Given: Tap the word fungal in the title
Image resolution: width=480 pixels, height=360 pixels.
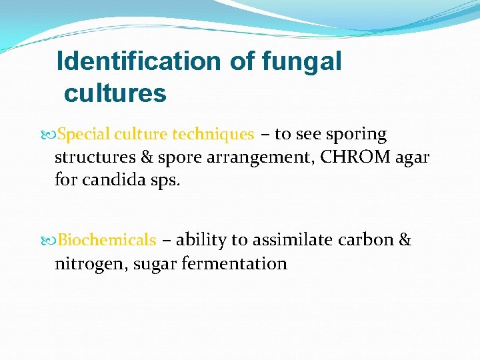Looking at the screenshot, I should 302,61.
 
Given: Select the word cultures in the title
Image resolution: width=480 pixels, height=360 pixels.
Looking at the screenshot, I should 115,93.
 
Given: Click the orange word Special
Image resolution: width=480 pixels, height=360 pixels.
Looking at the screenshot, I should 84,135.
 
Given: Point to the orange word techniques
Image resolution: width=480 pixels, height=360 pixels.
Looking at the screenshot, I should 213,135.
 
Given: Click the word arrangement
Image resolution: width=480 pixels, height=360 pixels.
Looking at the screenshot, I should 257,158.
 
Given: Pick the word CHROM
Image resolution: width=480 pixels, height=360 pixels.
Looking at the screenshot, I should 350,157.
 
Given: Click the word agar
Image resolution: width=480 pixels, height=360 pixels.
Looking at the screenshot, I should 413,159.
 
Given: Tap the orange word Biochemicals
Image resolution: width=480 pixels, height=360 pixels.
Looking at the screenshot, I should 107,240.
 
